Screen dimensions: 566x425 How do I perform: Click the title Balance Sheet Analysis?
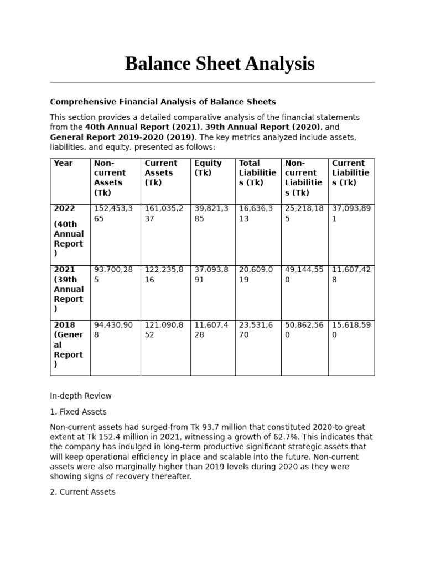point(220,64)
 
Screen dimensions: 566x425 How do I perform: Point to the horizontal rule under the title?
point(212,82)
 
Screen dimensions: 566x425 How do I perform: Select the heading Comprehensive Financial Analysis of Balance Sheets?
point(163,102)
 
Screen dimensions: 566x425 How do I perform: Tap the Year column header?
point(63,163)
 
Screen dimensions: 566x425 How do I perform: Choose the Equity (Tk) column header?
point(208,168)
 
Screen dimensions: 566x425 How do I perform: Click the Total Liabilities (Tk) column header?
point(257,173)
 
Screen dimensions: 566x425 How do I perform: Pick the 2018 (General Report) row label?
point(68,344)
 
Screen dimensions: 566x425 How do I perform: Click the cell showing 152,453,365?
point(113,213)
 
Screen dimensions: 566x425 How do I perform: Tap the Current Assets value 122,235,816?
point(164,275)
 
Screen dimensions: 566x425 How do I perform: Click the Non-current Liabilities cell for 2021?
point(303,275)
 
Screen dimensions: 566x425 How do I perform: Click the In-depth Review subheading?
point(81,396)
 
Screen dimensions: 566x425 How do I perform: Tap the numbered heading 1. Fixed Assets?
point(78,412)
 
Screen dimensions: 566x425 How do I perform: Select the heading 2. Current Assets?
point(82,491)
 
